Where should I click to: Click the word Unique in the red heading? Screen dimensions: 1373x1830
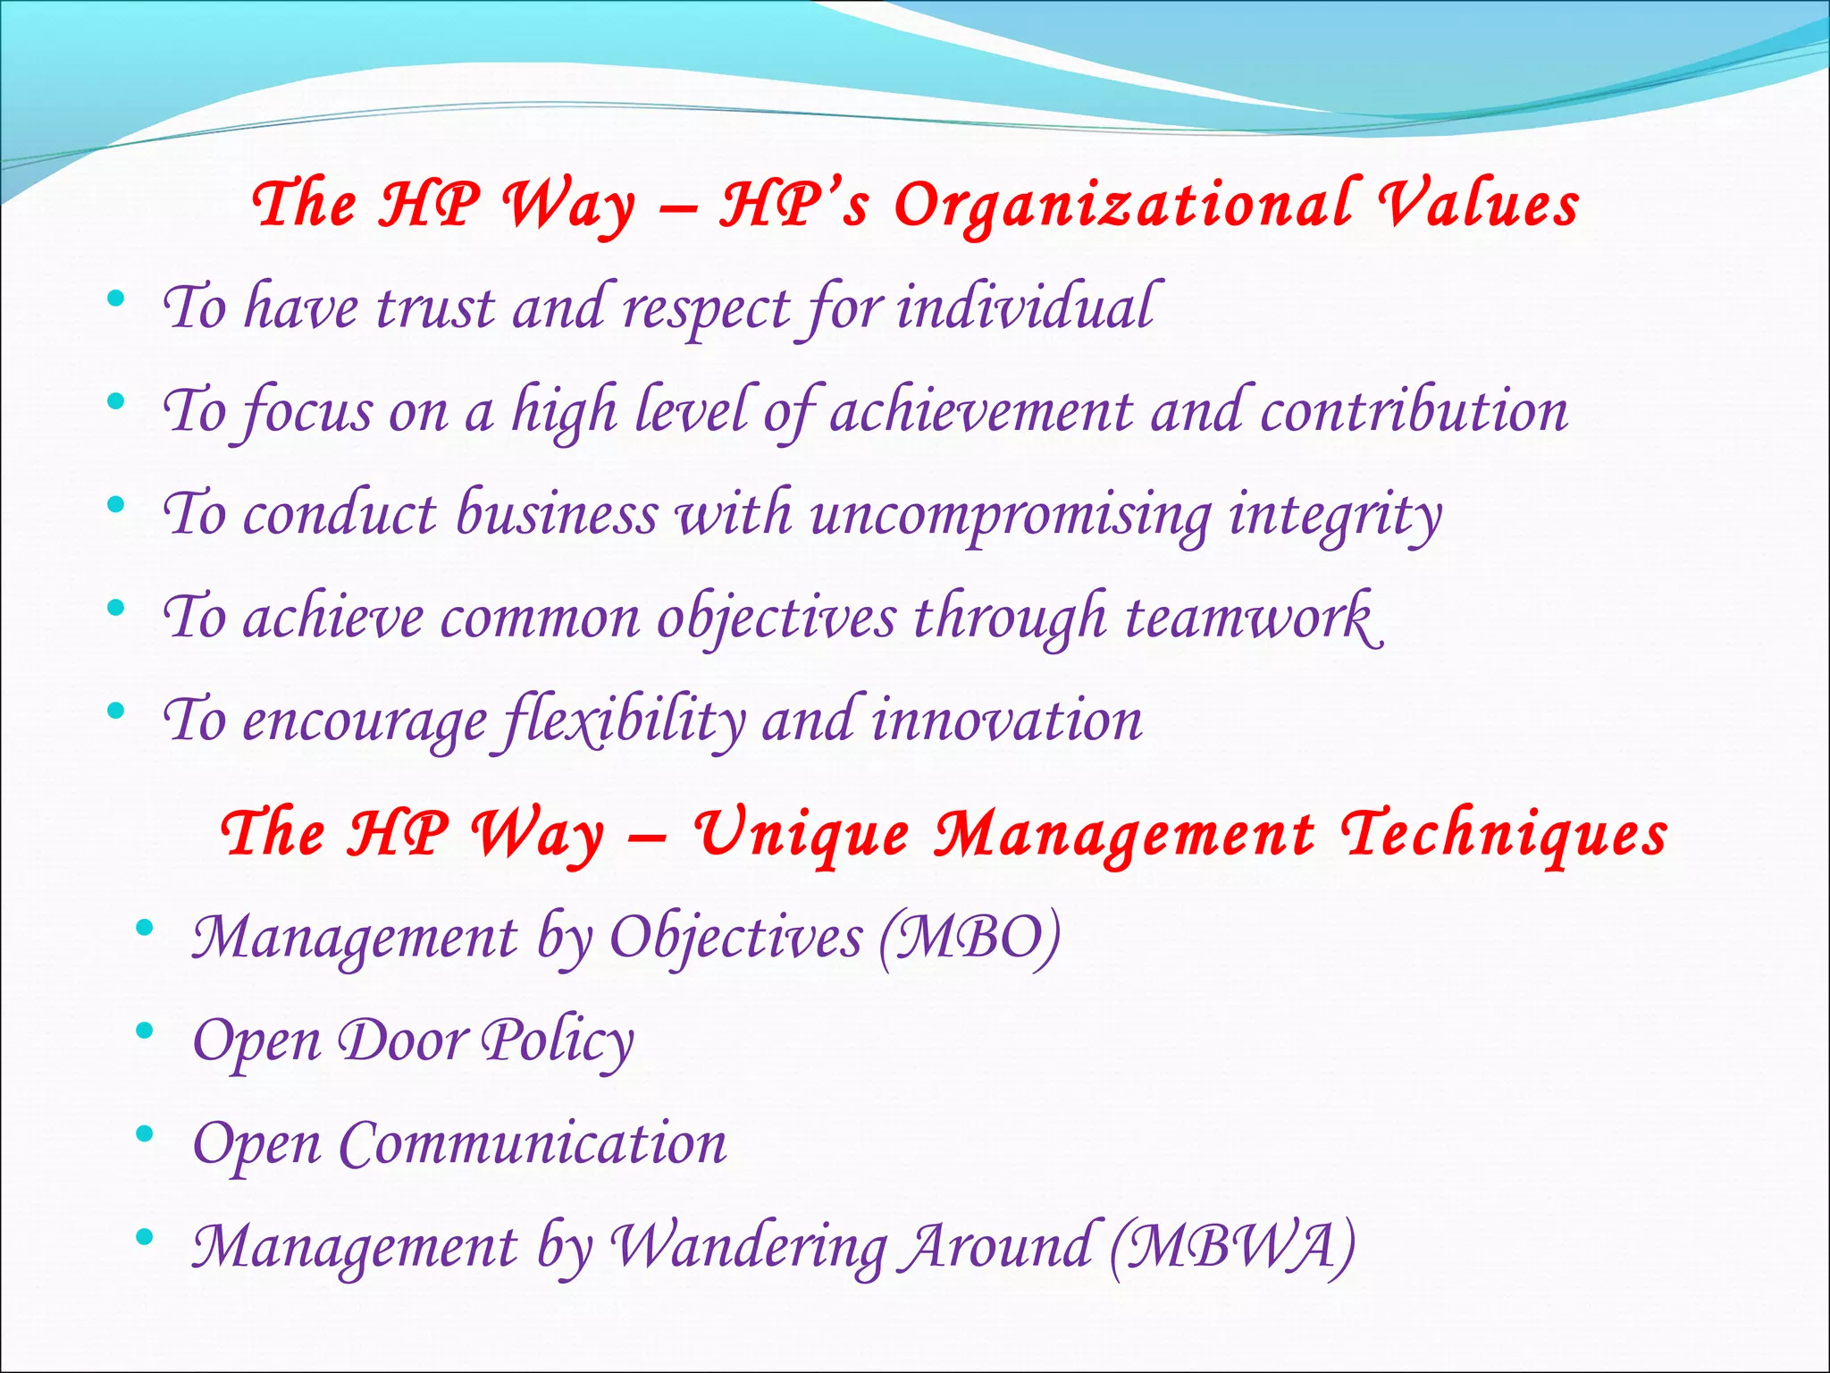802,835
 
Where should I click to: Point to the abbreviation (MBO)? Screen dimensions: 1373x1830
970,938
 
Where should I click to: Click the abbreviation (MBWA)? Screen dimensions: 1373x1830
1232,1246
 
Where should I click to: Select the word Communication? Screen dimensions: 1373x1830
533,1143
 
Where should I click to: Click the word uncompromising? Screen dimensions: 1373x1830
1010,516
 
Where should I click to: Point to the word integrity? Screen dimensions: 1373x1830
1335,516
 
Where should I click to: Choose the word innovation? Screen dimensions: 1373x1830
1006,720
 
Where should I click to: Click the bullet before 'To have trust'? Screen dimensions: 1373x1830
115,299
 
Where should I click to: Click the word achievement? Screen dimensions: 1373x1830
981,412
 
